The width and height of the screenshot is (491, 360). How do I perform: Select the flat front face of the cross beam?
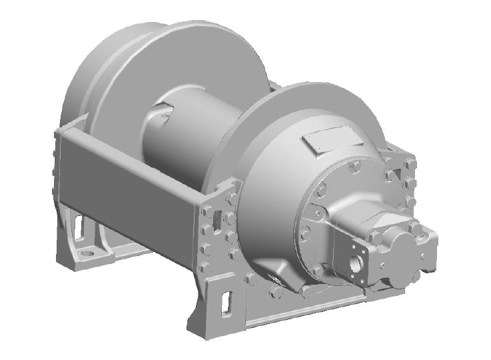click(x=133, y=170)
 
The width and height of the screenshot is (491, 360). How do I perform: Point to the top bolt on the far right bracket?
click(x=408, y=162)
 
